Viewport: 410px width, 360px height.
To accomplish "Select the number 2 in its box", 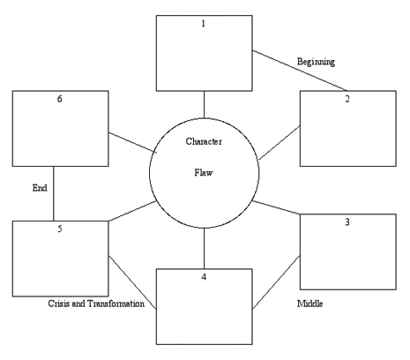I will (x=347, y=99).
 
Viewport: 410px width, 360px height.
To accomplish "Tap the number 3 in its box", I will (x=347, y=221).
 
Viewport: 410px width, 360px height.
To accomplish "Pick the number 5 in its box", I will (x=60, y=231).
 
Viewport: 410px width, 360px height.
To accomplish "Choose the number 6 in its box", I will (x=60, y=100).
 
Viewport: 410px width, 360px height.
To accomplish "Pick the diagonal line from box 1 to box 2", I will (x=297, y=71).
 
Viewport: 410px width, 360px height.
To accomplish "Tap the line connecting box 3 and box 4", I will (x=276, y=283).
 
